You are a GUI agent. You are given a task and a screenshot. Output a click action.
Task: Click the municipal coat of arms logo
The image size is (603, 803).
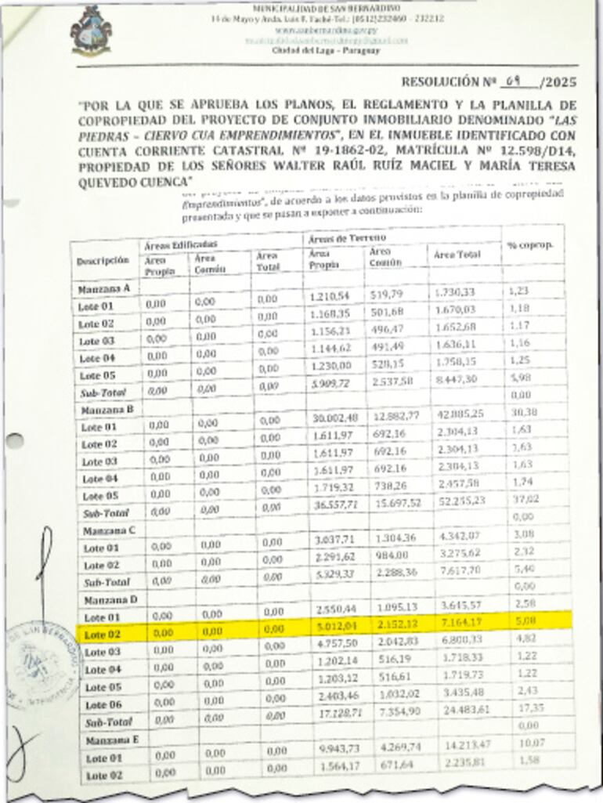coord(91,30)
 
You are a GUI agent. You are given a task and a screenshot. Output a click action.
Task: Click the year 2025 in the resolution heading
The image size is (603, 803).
coord(557,82)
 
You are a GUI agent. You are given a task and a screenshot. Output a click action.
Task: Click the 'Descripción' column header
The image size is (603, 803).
coord(103,260)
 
